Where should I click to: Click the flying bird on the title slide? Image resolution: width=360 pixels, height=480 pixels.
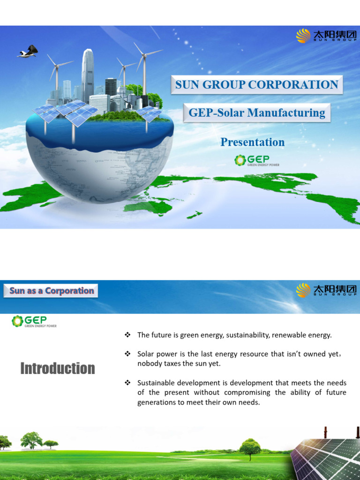(x=28, y=52)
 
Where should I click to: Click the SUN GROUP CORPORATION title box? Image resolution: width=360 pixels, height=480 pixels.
(x=256, y=85)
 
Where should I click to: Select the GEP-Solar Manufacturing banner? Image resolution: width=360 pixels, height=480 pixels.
(x=256, y=113)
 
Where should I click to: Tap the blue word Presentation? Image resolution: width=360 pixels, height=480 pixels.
(x=252, y=142)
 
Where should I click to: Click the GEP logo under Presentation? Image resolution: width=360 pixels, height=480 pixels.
(x=256, y=161)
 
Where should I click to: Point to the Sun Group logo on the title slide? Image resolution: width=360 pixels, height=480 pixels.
(x=326, y=35)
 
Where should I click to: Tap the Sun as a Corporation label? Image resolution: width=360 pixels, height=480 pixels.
(x=52, y=291)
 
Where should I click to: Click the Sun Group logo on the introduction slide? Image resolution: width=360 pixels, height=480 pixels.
(x=326, y=290)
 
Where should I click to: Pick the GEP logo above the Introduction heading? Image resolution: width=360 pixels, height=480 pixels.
(x=34, y=321)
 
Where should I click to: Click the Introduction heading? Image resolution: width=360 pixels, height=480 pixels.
(x=58, y=368)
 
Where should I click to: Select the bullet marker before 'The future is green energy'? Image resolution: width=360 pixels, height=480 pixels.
(x=127, y=335)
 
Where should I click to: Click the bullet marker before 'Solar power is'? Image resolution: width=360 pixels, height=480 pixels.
(x=127, y=354)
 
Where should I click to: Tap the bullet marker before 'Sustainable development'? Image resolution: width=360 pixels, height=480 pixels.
(x=127, y=383)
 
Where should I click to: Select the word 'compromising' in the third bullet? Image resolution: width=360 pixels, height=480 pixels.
(x=247, y=392)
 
